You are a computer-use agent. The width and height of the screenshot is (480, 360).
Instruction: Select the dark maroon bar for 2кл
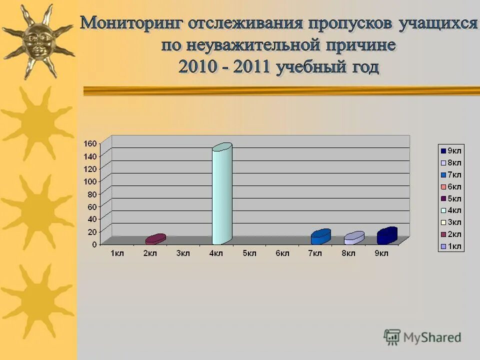[155, 239]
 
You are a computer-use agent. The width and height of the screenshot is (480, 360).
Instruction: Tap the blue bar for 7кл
[320, 237]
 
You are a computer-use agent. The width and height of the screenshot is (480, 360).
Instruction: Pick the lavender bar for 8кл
[353, 238]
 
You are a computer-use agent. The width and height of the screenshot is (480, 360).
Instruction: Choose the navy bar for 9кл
[387, 236]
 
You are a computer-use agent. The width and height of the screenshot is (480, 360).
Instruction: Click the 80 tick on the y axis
[92, 193]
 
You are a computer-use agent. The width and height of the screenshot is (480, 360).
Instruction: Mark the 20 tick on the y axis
[92, 231]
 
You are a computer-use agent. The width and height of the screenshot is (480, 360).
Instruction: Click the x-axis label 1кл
[117, 253]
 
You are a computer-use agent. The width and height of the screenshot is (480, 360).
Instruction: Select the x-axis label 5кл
[249, 253]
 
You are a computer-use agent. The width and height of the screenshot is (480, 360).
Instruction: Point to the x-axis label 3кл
[183, 253]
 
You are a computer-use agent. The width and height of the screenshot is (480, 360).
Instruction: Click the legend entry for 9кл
[451, 150]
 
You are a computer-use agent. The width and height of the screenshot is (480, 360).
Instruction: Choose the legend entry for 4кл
[451, 210]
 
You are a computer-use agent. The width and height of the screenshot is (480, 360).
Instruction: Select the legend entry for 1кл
[451, 246]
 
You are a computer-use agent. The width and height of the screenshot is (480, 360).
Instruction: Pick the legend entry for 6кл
[451, 186]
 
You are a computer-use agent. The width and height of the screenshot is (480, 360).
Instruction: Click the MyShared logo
[422, 337]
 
